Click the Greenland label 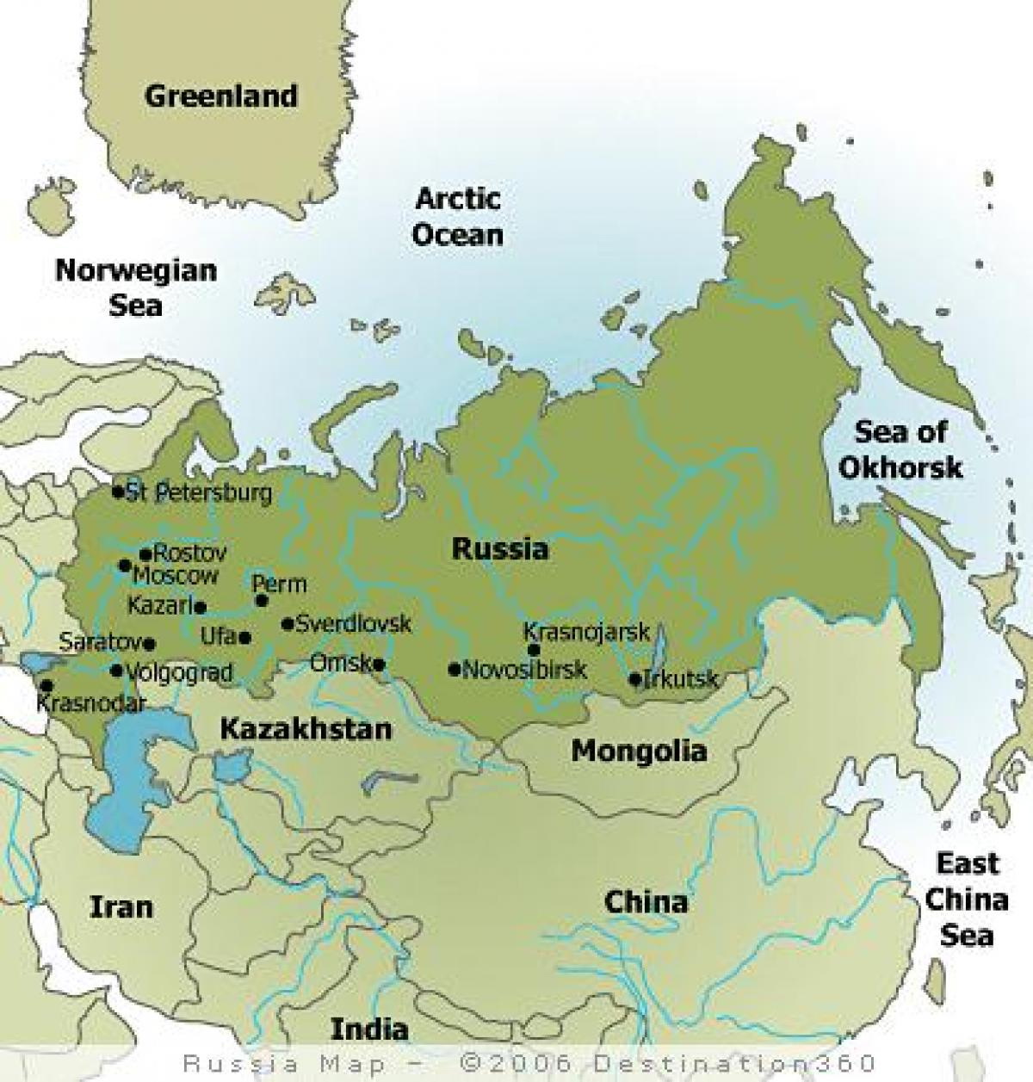point(220,96)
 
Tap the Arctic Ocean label point(457,216)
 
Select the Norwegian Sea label point(136,287)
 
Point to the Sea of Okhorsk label point(900,448)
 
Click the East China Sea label point(967,899)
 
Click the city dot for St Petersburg point(118,492)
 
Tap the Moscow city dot point(125,566)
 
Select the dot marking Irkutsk point(635,679)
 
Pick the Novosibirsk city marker point(454,669)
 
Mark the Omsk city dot point(379,664)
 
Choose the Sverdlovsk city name point(353,623)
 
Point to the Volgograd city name point(179,672)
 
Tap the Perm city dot point(262,601)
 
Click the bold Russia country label point(499,548)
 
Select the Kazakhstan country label point(306,729)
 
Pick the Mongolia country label point(639,751)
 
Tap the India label point(369,1029)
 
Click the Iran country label point(121,906)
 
